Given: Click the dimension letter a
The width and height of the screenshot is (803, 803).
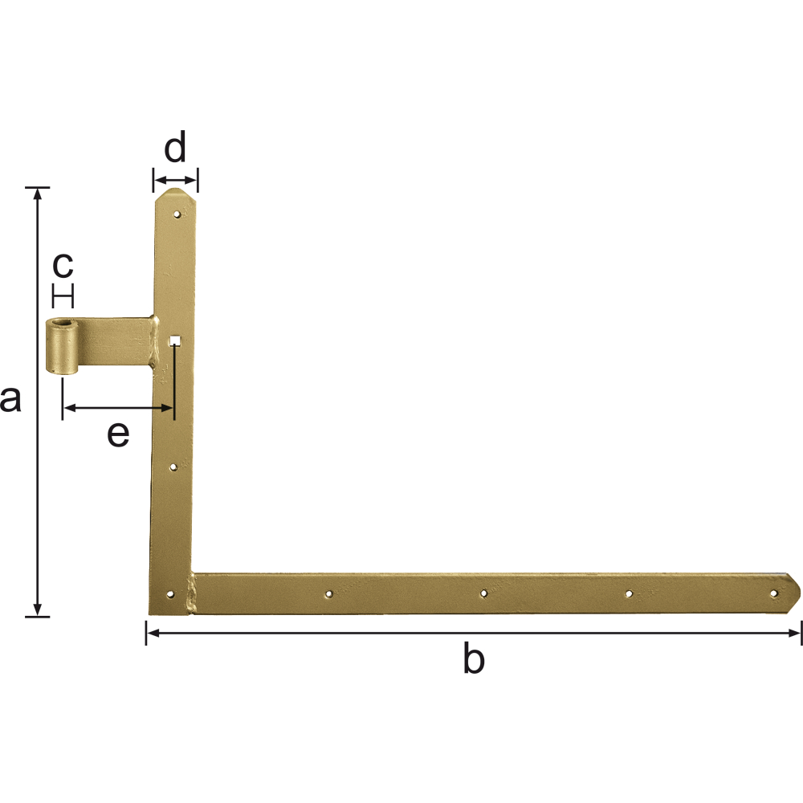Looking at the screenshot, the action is tap(10, 400).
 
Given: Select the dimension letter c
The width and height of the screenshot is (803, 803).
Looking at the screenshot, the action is tap(63, 265).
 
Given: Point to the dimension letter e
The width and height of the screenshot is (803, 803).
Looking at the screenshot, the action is tap(118, 434).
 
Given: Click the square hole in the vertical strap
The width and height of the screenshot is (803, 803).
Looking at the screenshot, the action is tap(175, 340).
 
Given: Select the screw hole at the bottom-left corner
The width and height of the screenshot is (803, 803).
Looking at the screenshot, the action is tap(170, 594).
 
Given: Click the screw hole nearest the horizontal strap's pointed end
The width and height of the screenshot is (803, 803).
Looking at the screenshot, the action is tap(774, 593).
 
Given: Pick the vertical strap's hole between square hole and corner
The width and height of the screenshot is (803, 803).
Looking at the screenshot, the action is tap(173, 467).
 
